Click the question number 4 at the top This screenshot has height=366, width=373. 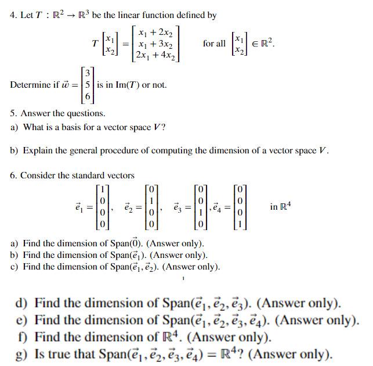click(x=13, y=15)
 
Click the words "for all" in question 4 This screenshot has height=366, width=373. click(x=214, y=44)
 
